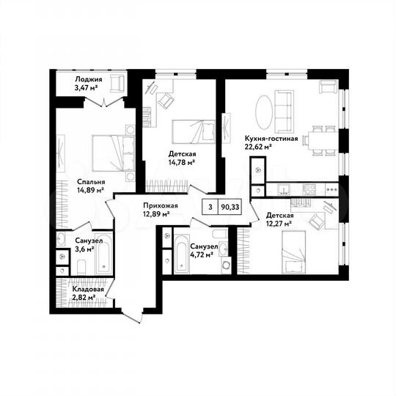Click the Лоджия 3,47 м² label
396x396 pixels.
click(x=88, y=83)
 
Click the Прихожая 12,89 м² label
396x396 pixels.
click(x=156, y=210)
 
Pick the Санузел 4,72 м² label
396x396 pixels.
click(x=200, y=252)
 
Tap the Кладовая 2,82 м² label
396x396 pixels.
click(x=87, y=293)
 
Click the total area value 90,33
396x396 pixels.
click(x=230, y=208)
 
